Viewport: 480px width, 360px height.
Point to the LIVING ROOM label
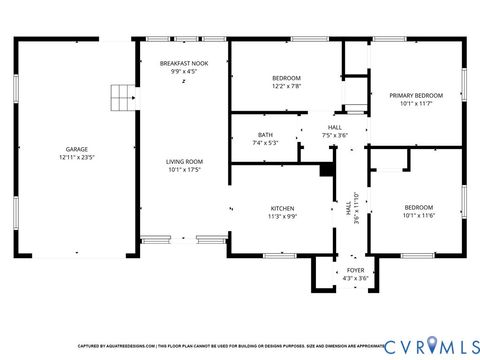pos(185,161)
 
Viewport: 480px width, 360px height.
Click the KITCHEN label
pos(282,208)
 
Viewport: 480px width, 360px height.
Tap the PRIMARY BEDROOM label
pos(408,95)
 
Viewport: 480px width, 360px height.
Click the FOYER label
pos(355,270)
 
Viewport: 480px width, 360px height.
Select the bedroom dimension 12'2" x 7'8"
pos(286,86)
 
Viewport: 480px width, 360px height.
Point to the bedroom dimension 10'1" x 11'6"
pos(419,216)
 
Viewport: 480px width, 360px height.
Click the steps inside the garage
pos(121,97)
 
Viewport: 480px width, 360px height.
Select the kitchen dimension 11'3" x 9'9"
pos(282,216)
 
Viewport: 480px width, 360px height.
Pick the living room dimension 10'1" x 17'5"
pos(185,170)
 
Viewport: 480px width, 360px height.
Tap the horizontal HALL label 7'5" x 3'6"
pos(334,131)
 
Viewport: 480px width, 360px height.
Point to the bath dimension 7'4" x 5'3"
pos(265,142)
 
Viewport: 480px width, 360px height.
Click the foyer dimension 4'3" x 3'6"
pos(355,278)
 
